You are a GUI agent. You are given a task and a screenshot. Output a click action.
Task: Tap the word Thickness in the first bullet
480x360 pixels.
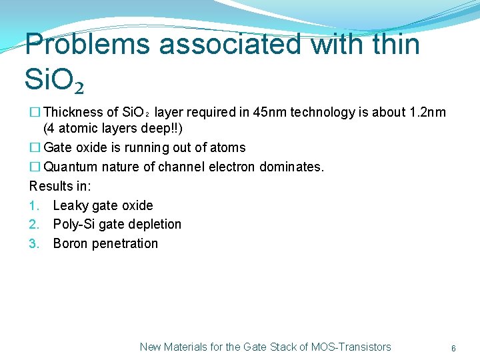[73, 112]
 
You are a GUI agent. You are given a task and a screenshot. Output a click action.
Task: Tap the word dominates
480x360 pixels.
[291, 167]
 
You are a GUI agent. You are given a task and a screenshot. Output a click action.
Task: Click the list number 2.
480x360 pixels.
[34, 224]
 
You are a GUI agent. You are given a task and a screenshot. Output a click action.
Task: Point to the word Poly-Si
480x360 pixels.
[75, 224]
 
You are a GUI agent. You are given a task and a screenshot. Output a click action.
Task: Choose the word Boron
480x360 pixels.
[71, 243]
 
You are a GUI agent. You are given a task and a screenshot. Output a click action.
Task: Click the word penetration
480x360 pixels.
[126, 243]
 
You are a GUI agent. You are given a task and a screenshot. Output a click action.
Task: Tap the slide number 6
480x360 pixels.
[453, 348]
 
